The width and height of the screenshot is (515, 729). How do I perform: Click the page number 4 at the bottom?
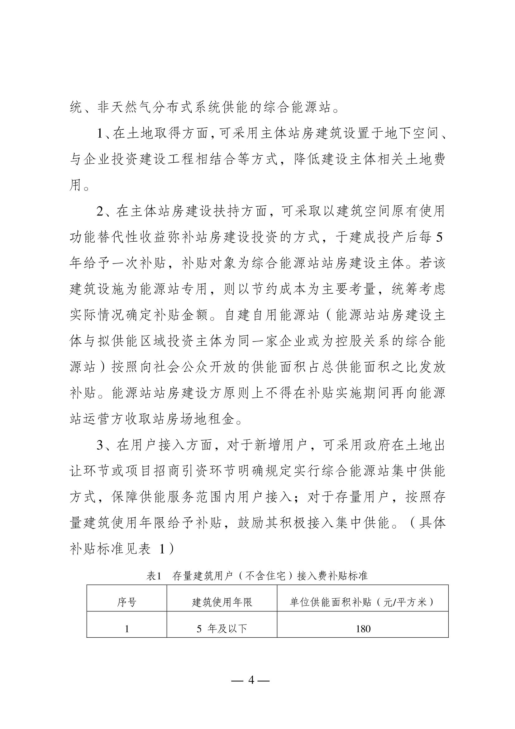[251, 689]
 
